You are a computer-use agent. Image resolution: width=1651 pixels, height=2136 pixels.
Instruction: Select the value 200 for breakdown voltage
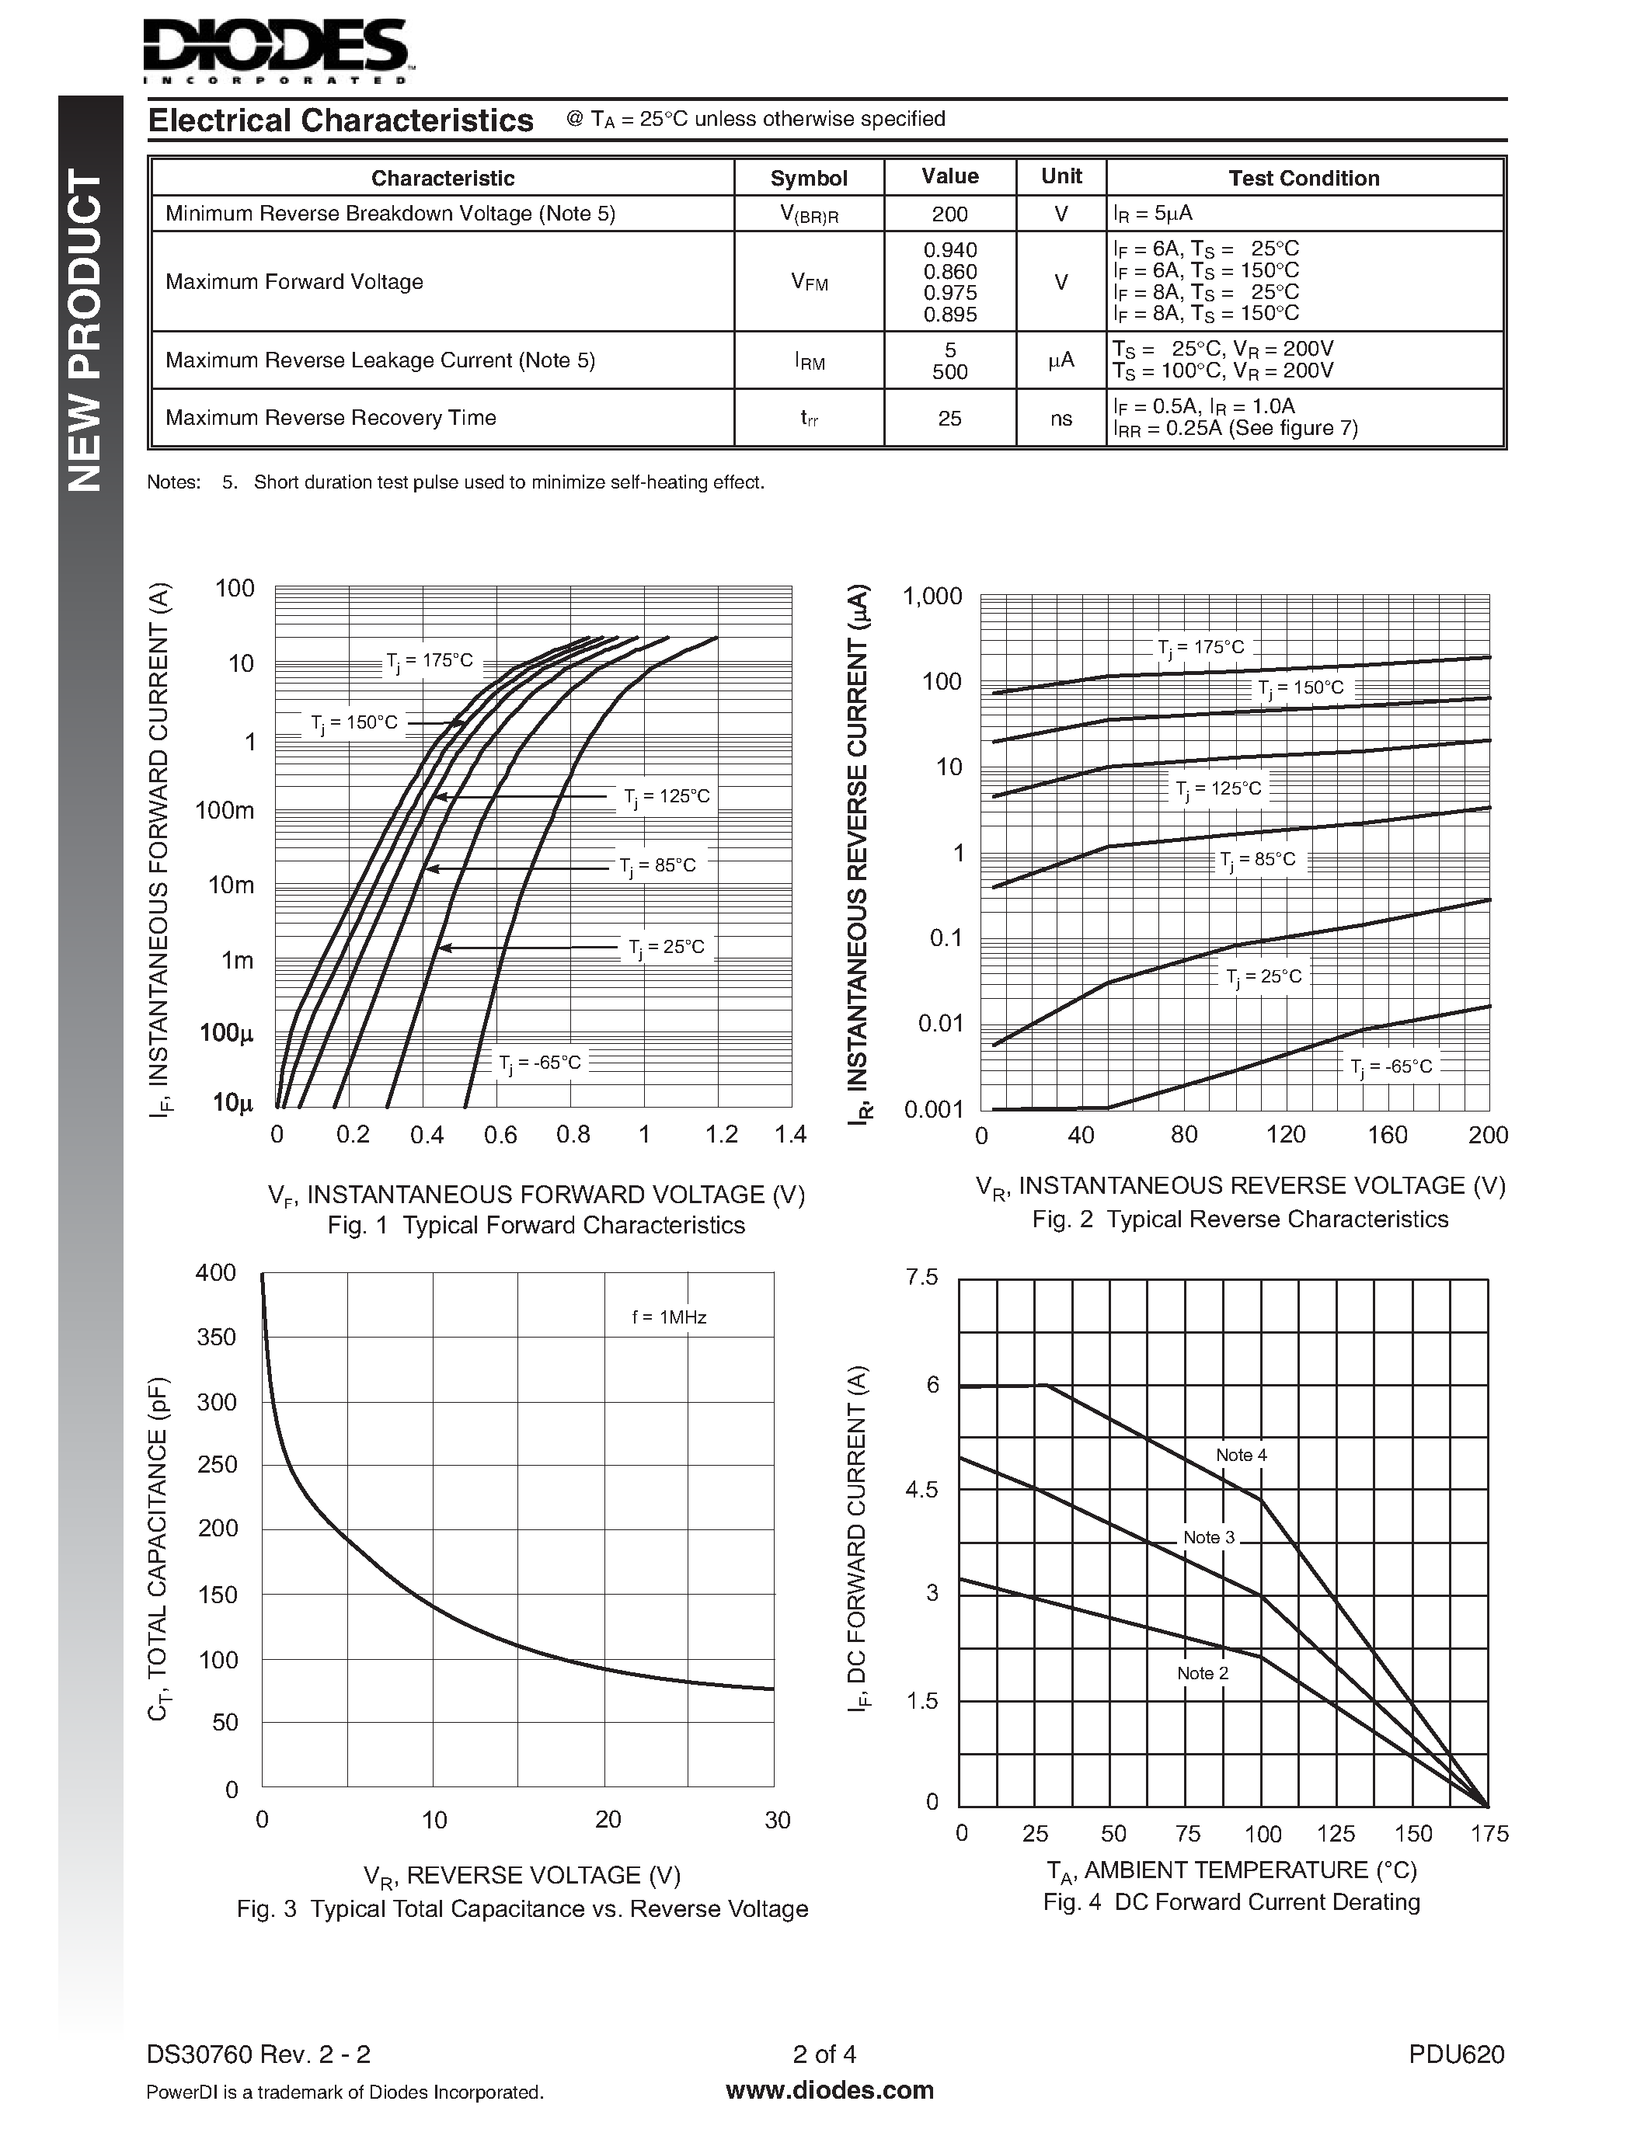coord(949,213)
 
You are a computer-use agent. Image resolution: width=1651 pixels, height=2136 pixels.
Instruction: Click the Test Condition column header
coord(1303,178)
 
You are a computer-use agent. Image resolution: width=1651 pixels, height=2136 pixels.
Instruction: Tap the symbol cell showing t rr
coord(809,419)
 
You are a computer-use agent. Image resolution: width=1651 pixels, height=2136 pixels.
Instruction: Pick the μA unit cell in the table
coord(1061,360)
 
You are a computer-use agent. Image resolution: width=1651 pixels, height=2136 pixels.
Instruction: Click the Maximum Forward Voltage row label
coord(294,282)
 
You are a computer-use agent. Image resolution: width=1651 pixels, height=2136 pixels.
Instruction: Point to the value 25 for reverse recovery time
coord(949,419)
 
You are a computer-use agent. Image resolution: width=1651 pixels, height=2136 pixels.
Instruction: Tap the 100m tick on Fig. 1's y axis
coord(225,810)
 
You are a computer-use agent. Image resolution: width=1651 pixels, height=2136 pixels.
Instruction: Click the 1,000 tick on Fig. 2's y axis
coord(932,597)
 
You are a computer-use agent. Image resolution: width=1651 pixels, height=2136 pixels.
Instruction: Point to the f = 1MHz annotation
coord(669,1317)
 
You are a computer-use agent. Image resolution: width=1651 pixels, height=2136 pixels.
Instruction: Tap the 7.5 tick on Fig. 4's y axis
coord(921,1277)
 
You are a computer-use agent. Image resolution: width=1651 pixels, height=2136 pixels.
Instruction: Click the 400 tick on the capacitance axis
coord(216,1272)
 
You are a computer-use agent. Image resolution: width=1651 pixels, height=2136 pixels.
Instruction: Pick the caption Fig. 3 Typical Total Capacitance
coord(522,1909)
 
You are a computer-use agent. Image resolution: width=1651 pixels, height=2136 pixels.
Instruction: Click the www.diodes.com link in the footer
coord(830,2091)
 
